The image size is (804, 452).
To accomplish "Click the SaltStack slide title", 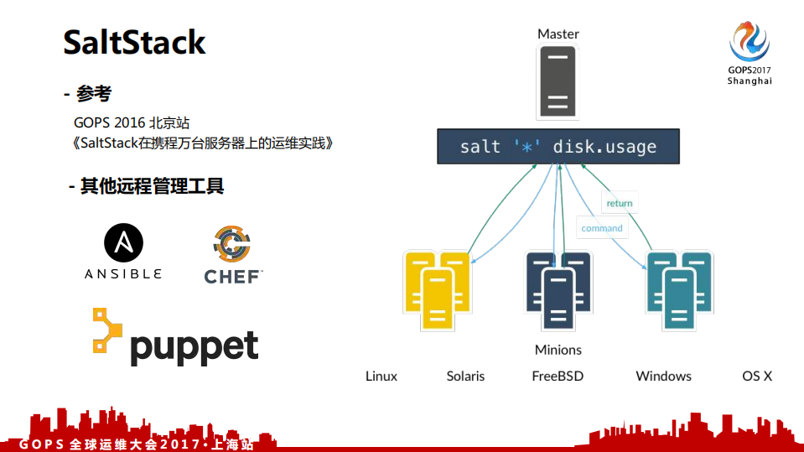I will click(x=134, y=42).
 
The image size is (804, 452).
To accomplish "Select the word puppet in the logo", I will click(x=194, y=345).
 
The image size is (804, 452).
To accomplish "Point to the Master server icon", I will click(x=558, y=82).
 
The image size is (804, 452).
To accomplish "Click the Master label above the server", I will click(x=558, y=34).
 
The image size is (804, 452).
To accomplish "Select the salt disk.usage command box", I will click(x=558, y=147).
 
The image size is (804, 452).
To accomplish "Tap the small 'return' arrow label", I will click(x=619, y=203).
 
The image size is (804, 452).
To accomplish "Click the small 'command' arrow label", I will click(x=602, y=228).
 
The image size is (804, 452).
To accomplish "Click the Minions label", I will click(x=558, y=350).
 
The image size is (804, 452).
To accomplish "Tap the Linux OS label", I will click(x=381, y=376).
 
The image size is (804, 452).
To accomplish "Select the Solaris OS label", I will click(x=465, y=376).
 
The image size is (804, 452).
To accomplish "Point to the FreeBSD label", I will click(x=558, y=376).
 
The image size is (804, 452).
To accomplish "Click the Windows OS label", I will click(x=663, y=376).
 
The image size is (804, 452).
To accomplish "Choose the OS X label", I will click(x=757, y=376).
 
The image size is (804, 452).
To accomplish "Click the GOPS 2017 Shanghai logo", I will click(x=749, y=52).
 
